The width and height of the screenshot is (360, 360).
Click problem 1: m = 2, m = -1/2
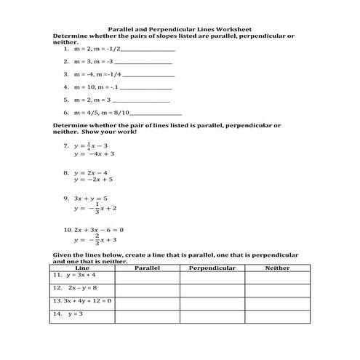point(95,49)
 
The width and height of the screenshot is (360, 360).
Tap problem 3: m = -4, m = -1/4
point(97,73)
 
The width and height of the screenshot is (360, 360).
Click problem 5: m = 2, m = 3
point(92,99)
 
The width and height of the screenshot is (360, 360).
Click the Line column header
point(82,268)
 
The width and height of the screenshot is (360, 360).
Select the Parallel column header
point(147,268)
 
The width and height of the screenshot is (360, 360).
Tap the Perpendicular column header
point(212,268)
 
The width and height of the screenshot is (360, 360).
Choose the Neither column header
point(276,268)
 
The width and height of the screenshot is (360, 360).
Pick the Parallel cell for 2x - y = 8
point(147,289)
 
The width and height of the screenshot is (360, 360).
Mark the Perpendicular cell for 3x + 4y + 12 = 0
point(212,301)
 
